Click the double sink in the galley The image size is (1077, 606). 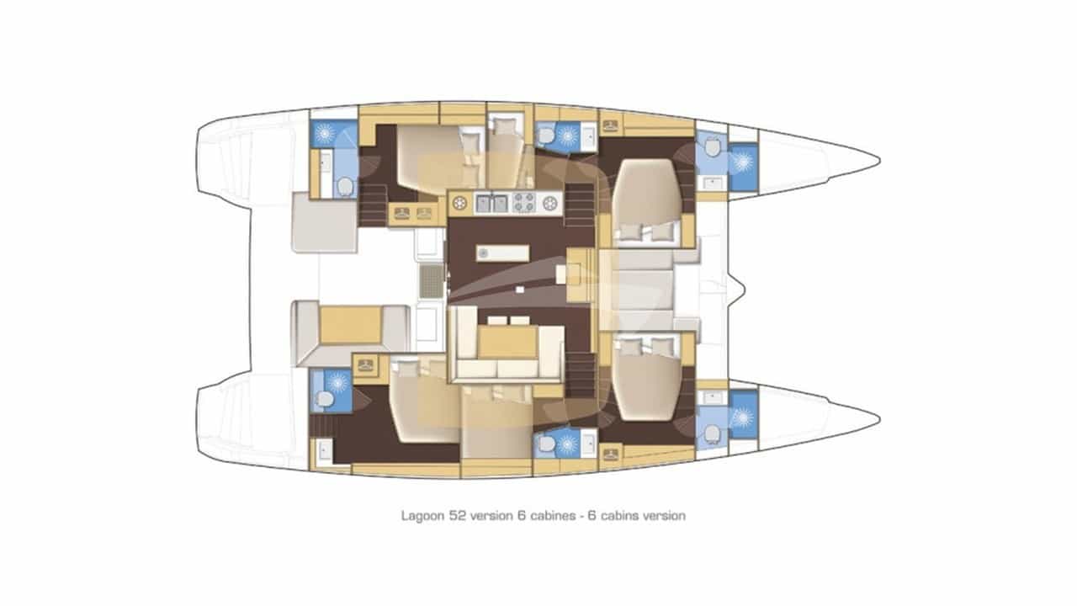492,202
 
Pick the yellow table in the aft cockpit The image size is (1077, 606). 351,324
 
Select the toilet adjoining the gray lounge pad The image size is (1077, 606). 344,185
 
